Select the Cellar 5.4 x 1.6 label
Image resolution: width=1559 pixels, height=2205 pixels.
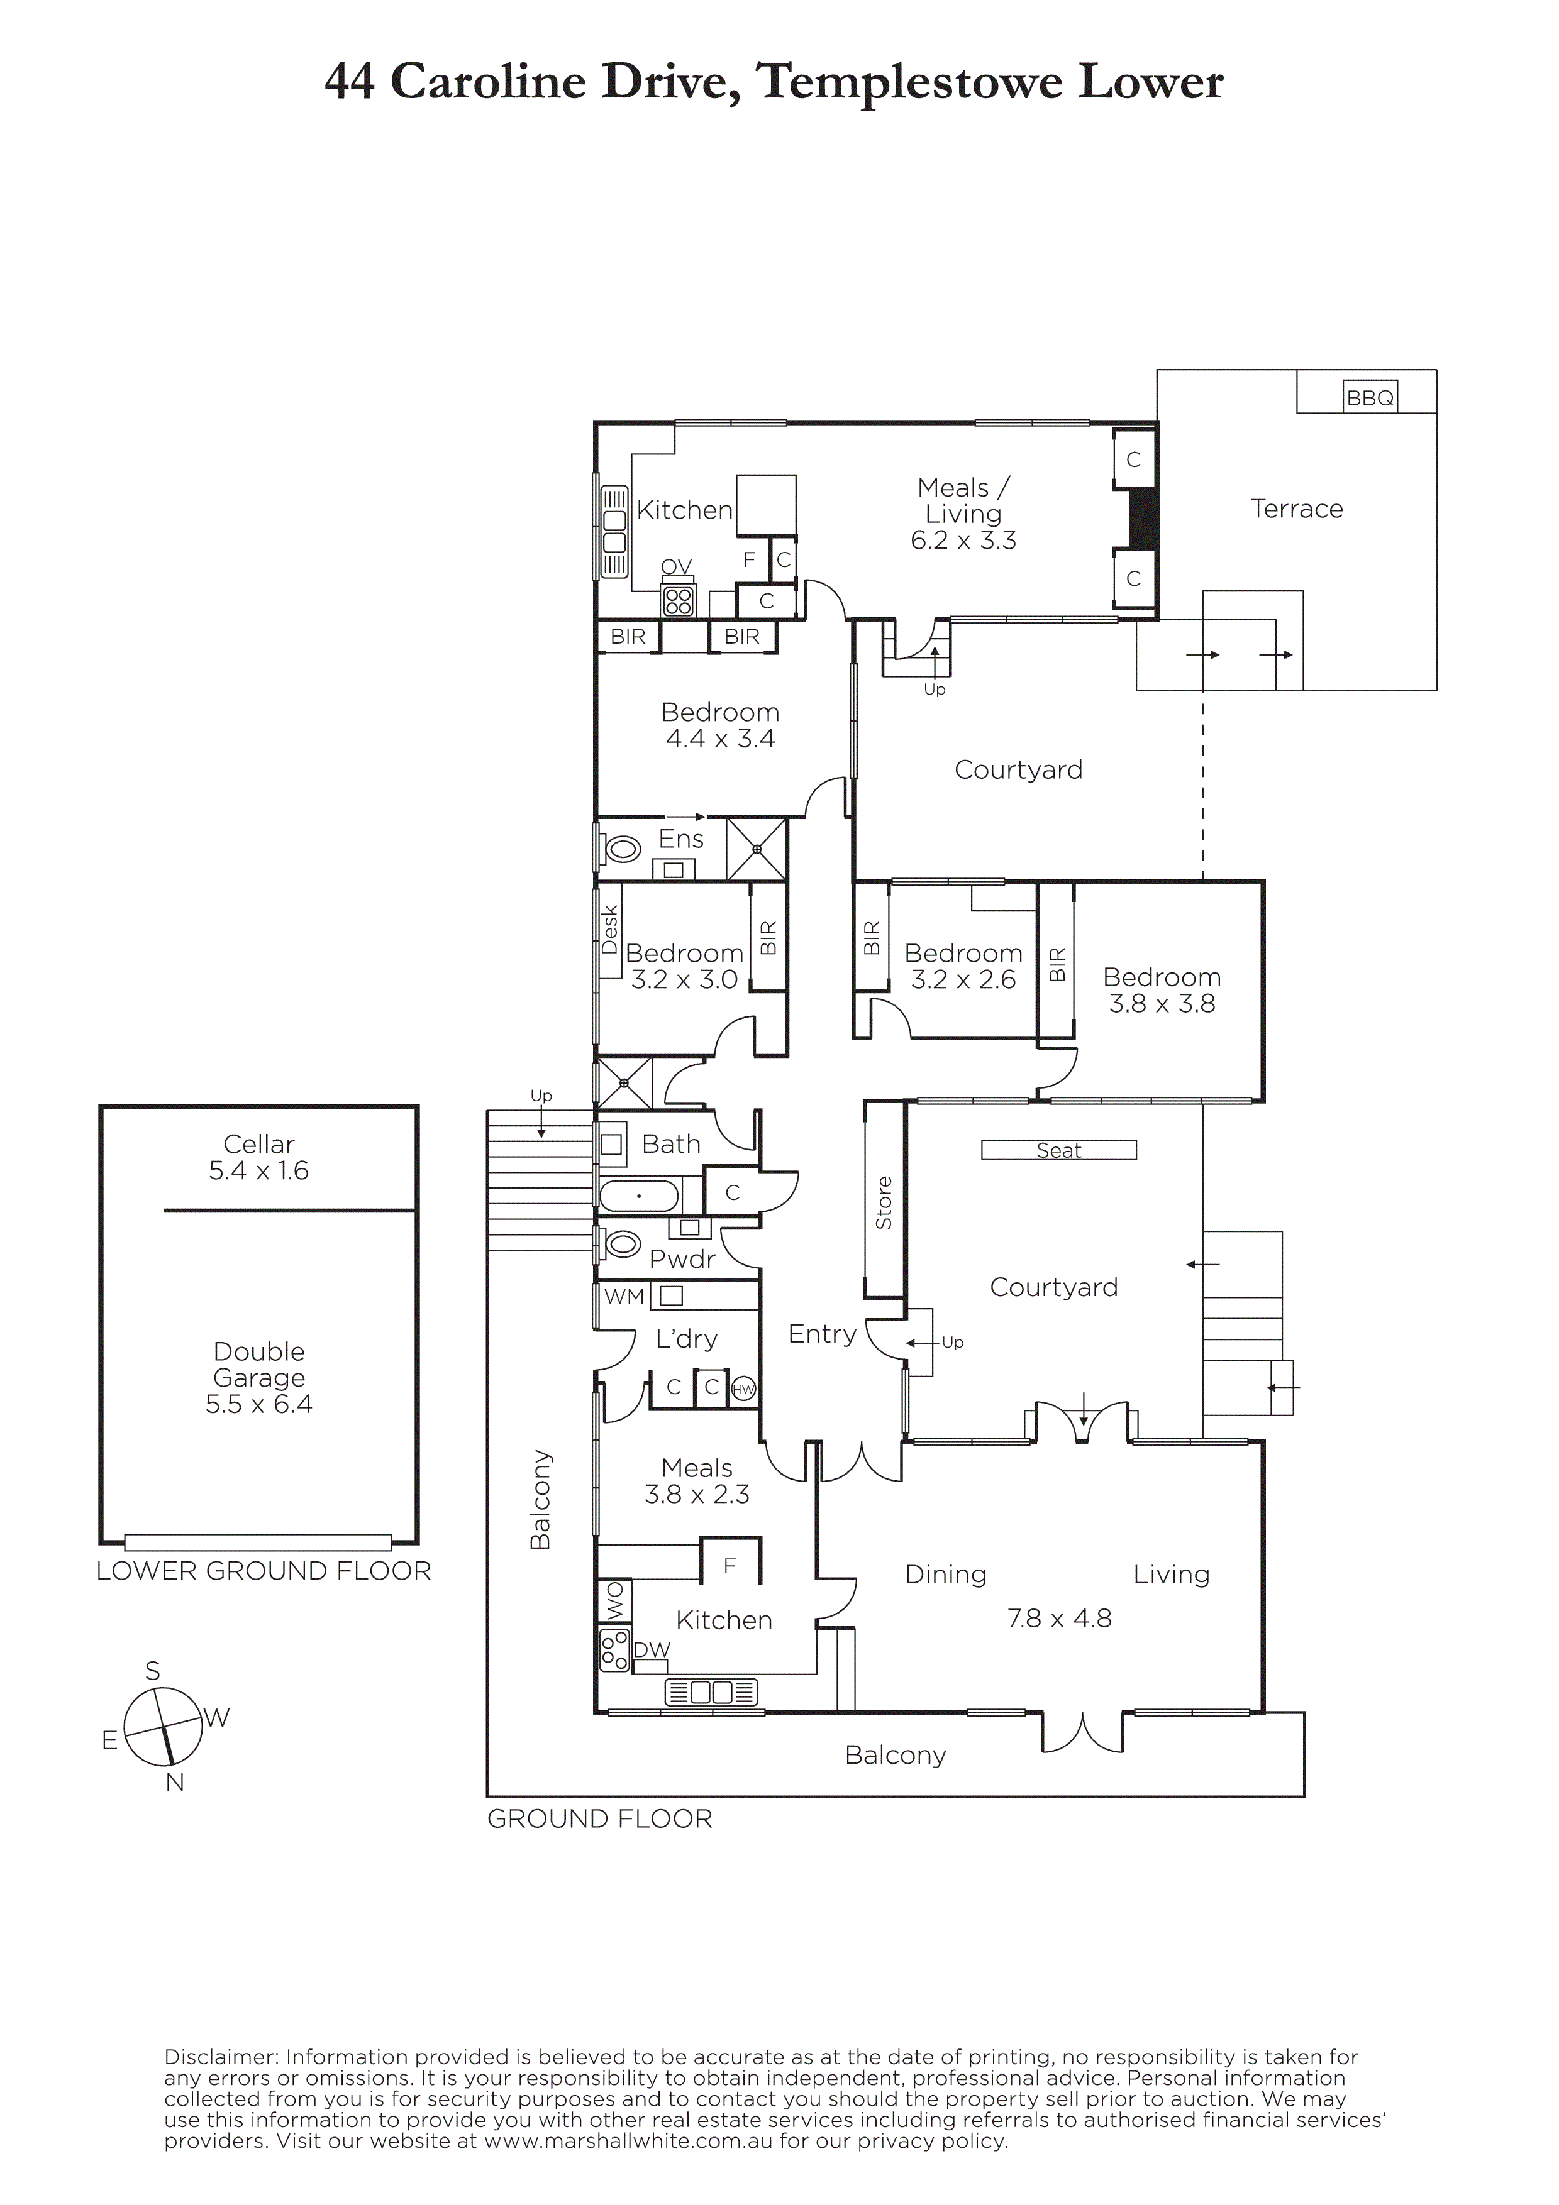[x=258, y=1157]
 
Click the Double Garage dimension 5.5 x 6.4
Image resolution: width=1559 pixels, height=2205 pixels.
[x=258, y=1404]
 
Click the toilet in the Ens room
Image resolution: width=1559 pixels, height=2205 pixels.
[x=621, y=849]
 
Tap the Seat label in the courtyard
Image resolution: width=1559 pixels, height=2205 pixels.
[x=1058, y=1150]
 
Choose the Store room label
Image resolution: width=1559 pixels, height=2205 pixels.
[x=884, y=1202]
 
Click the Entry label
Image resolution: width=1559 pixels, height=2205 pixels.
[x=822, y=1334]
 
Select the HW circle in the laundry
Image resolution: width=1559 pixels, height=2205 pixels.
[x=743, y=1388]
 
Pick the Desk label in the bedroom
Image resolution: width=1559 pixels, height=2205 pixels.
[x=610, y=930]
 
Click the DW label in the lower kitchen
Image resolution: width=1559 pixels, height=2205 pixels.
[x=652, y=1650]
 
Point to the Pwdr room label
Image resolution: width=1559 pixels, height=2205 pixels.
[x=683, y=1259]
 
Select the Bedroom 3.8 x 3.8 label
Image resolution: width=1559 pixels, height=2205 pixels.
[x=1162, y=990]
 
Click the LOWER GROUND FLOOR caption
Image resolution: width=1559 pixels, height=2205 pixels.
[x=264, y=1571]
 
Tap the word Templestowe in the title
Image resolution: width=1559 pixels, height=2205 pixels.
[x=911, y=82]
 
